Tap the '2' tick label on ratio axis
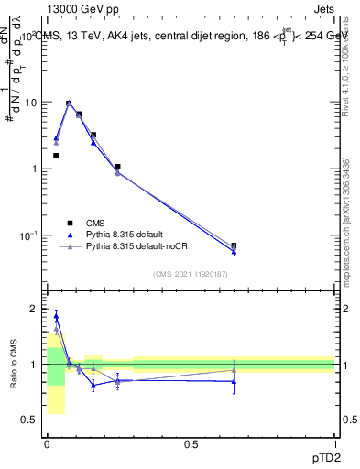[x=35, y=309]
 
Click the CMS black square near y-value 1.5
[x=56, y=156]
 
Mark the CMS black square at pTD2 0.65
[x=234, y=245]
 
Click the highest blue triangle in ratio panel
[x=56, y=317]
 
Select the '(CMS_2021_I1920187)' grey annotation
[x=190, y=275]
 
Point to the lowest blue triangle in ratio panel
[x=93, y=386]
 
